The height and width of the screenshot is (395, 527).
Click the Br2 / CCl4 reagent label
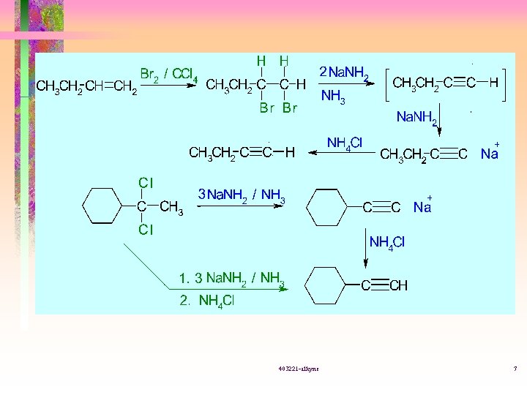point(168,74)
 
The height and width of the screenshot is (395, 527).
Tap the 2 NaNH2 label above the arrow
point(344,72)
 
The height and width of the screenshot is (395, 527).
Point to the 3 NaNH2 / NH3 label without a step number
point(242,195)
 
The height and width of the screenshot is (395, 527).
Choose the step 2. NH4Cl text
point(207,300)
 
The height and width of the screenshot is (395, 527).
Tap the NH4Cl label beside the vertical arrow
point(387,242)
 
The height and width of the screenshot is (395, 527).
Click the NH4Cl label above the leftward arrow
point(344,143)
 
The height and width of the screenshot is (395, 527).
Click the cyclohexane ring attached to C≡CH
point(329,285)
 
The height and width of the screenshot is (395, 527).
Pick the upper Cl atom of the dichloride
point(146,181)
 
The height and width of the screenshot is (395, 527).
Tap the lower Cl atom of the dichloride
point(146,230)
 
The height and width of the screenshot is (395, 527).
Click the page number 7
point(515,368)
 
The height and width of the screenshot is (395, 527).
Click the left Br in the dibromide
point(266,108)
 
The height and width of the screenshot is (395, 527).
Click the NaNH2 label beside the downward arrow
point(416,118)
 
